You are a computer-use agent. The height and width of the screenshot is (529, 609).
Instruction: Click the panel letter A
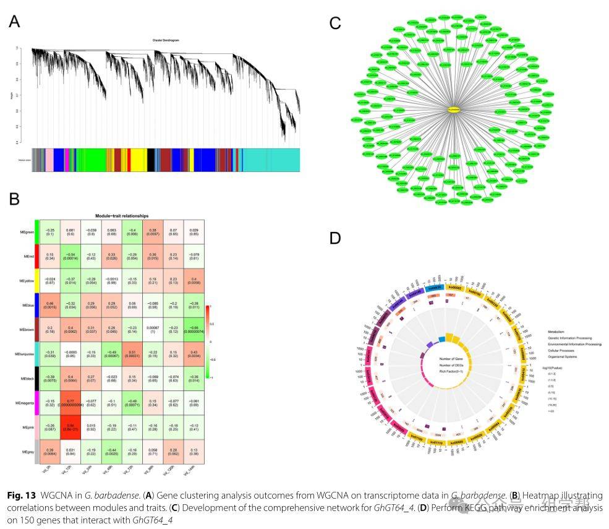[x=14, y=22]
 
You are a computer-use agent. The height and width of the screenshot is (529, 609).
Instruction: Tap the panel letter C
[x=335, y=24]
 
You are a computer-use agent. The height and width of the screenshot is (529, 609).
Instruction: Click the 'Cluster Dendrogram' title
[x=166, y=41]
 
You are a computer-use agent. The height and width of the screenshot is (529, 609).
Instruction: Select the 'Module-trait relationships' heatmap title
[x=121, y=215]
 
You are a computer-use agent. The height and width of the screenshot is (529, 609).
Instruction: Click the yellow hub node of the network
[x=454, y=110]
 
